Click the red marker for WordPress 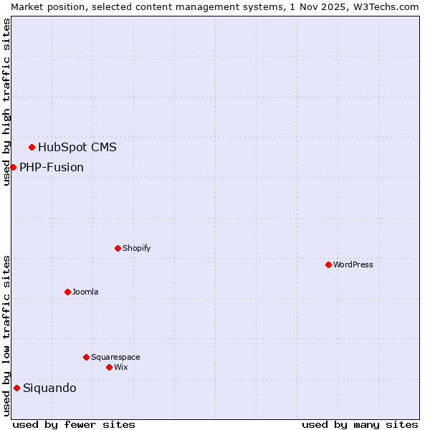(x=328, y=264)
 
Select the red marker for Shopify (x=118, y=248)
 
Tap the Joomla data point (x=67, y=292)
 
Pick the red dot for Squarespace (x=86, y=357)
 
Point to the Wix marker (x=109, y=367)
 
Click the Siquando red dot (x=16, y=388)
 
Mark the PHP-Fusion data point (x=13, y=167)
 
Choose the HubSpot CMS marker (x=32, y=147)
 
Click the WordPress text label (x=353, y=264)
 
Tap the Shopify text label (x=137, y=248)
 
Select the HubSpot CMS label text (x=77, y=148)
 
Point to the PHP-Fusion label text (x=52, y=168)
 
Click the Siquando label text (x=49, y=388)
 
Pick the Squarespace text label (x=115, y=357)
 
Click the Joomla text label (x=85, y=292)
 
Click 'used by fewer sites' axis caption (x=74, y=424)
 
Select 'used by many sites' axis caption (x=360, y=424)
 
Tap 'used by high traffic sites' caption (x=6, y=102)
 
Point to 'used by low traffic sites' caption (x=6, y=335)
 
